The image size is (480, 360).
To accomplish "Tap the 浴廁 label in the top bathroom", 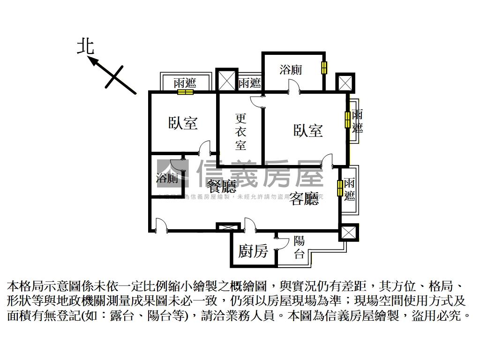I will [x=291, y=70].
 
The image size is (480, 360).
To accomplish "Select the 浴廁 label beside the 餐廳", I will [x=167, y=178].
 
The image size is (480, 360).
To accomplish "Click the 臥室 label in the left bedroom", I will [x=183, y=123].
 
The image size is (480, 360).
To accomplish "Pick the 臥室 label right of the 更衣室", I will [x=308, y=130].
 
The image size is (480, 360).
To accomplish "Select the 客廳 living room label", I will [x=304, y=199].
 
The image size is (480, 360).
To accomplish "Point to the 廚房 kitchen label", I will [x=253, y=251].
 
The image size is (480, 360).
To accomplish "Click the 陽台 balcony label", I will [x=300, y=248].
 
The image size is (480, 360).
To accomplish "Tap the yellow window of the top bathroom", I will [x=323, y=68].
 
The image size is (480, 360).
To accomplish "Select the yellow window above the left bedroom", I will [x=185, y=92].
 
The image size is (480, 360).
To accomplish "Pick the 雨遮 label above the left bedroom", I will [x=185, y=83].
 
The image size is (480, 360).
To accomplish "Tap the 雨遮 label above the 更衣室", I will [x=249, y=83].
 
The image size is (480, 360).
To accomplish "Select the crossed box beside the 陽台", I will [x=348, y=232].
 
